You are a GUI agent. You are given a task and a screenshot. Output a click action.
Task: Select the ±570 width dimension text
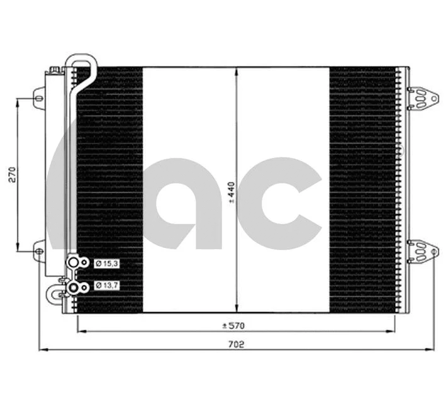click(232, 325)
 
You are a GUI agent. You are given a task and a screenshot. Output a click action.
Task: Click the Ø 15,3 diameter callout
click(105, 263)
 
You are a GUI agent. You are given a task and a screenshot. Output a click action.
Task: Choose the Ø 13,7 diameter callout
click(105, 286)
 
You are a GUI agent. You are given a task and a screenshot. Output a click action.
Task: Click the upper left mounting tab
click(39, 99)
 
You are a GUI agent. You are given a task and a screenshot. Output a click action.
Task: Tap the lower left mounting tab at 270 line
click(39, 251)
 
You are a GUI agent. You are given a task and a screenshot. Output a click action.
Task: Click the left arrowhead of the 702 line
click(42, 350)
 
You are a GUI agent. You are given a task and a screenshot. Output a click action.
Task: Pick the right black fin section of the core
click(363, 189)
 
